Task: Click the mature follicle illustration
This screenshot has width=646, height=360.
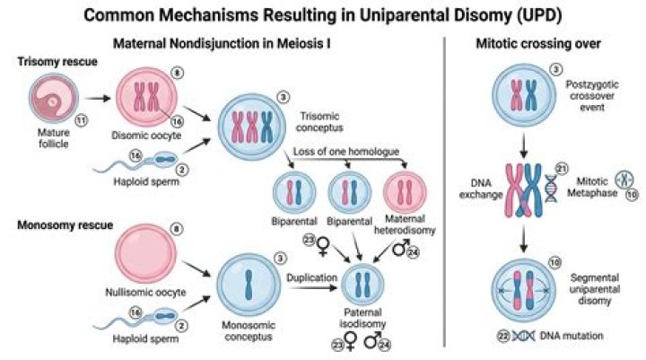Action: (54, 98)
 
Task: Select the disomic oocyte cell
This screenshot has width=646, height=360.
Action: (146, 97)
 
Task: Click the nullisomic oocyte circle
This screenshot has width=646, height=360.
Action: (145, 253)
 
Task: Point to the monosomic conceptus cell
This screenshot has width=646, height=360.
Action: (249, 285)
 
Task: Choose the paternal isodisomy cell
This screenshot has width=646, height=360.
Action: (362, 285)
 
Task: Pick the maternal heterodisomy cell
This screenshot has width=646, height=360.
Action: (405, 192)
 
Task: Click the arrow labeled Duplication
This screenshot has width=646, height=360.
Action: (313, 287)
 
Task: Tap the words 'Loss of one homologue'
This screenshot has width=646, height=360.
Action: (346, 152)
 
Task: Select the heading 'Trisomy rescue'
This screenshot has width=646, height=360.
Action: (57, 62)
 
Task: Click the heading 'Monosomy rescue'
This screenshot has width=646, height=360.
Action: (65, 225)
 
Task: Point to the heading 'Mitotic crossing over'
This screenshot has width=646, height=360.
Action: (538, 44)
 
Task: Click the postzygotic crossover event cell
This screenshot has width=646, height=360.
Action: (524, 95)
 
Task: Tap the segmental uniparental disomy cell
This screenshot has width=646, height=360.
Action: (524, 290)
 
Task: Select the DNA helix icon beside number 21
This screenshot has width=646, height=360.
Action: (551, 189)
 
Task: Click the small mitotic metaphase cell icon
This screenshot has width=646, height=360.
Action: (624, 180)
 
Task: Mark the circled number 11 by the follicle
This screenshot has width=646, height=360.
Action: (81, 121)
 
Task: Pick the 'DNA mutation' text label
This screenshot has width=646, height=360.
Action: (572, 336)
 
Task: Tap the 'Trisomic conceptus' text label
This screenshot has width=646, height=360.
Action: (319, 122)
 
